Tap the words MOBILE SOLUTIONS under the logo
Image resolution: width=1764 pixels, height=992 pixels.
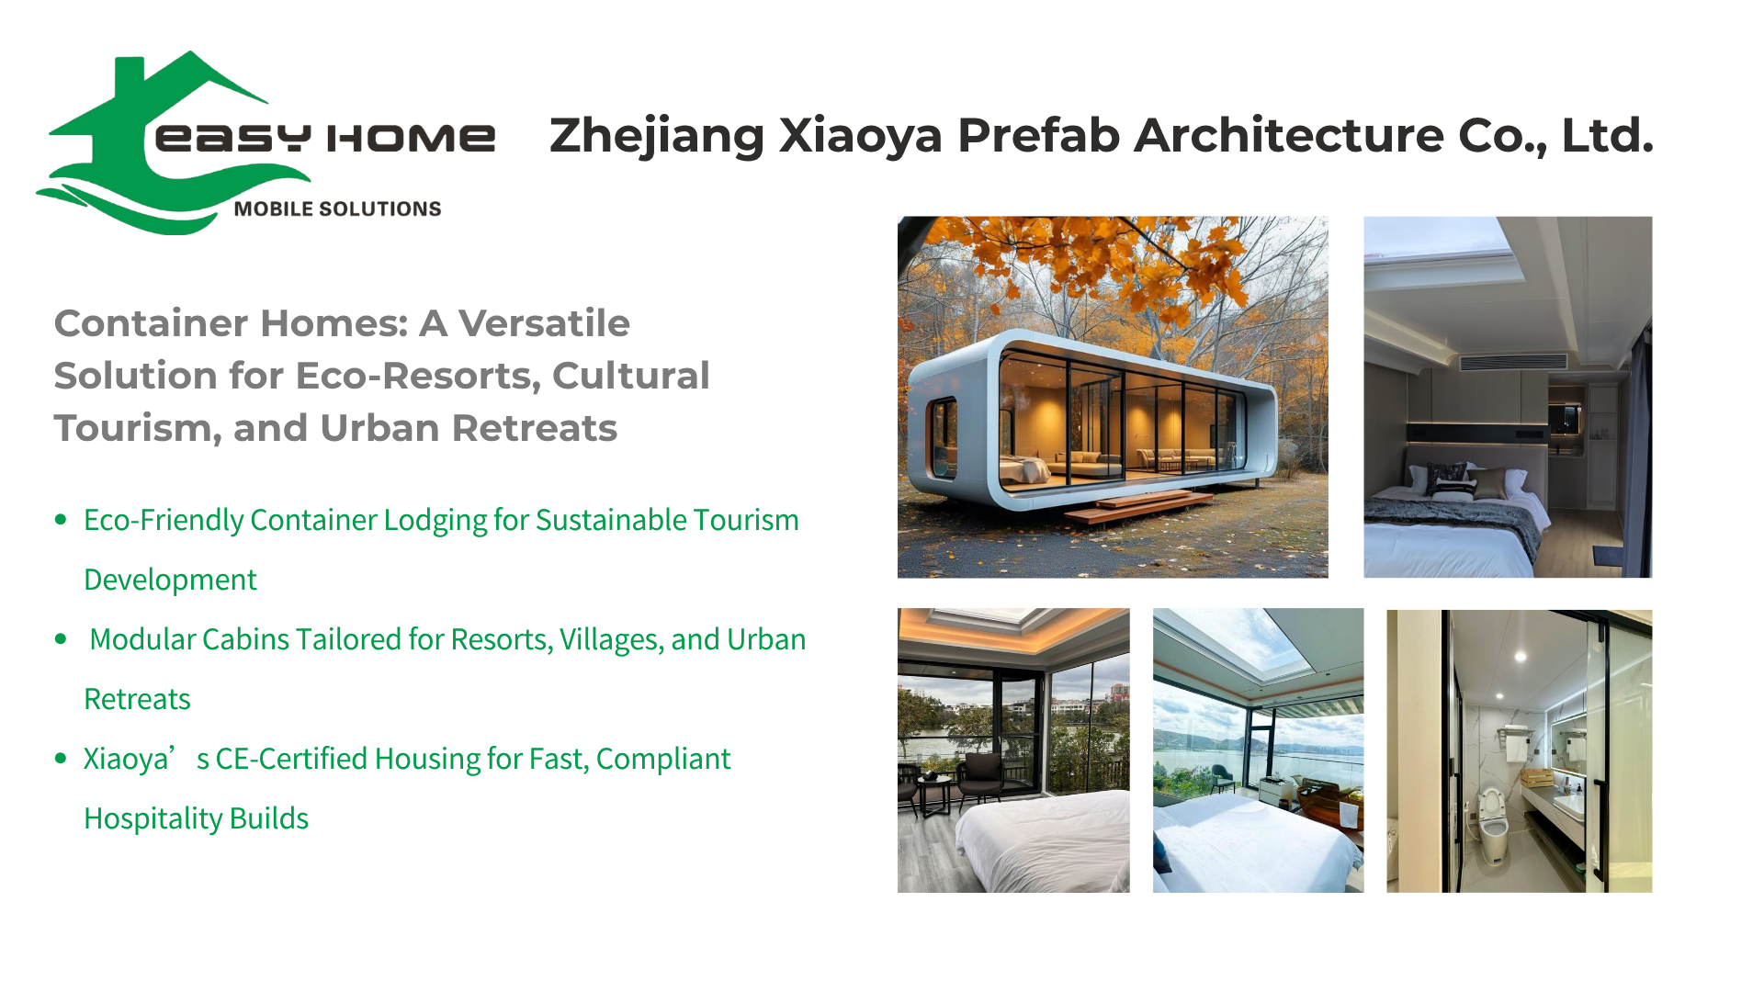click(337, 209)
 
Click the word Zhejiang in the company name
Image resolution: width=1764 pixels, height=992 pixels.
click(657, 136)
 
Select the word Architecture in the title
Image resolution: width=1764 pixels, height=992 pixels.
click(1289, 135)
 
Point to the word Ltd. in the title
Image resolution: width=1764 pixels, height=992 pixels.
click(1608, 135)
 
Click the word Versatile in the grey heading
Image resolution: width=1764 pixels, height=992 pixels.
click(544, 323)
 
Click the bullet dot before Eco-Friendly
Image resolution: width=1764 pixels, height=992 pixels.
click(61, 520)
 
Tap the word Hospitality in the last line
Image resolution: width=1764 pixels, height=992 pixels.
click(153, 819)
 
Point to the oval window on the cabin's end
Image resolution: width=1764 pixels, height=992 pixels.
click(943, 438)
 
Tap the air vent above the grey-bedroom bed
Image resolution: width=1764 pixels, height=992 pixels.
click(1513, 362)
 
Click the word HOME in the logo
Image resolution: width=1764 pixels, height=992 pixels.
click(411, 138)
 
